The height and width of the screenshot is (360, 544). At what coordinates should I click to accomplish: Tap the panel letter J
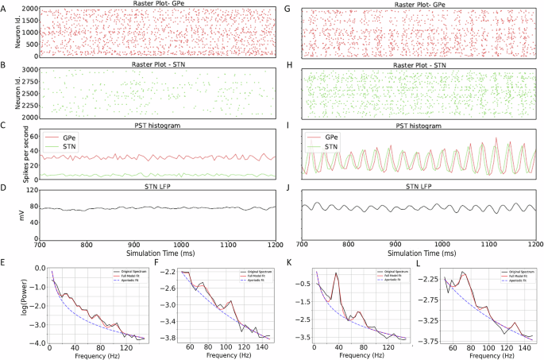click(288, 190)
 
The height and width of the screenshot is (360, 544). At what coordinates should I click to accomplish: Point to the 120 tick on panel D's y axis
click(33, 192)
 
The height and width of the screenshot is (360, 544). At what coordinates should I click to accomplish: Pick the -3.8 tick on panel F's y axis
click(170, 338)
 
